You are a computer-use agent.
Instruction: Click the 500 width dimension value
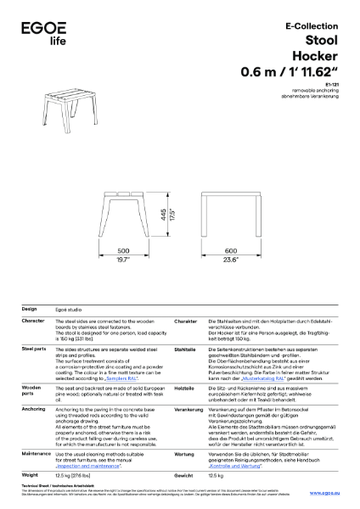(122, 250)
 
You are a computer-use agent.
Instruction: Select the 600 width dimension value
(231, 250)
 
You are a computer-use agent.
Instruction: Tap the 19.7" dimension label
(122, 260)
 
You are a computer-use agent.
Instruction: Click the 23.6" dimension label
(231, 260)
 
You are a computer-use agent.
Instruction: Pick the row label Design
(29, 309)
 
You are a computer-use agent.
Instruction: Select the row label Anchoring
(34, 385)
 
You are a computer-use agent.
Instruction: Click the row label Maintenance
(37, 454)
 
